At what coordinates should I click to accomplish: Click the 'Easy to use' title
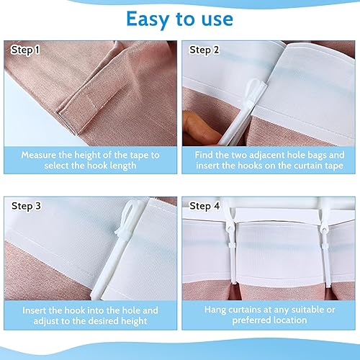(x=179, y=19)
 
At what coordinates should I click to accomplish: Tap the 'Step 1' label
(x=25, y=50)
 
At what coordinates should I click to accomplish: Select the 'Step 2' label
(x=204, y=50)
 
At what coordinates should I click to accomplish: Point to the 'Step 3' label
(x=26, y=206)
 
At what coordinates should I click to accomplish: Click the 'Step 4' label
(x=204, y=206)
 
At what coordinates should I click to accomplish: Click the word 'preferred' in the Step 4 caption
(x=251, y=320)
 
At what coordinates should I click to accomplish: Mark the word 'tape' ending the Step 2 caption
(x=334, y=166)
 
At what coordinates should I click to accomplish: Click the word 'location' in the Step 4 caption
(x=289, y=320)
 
